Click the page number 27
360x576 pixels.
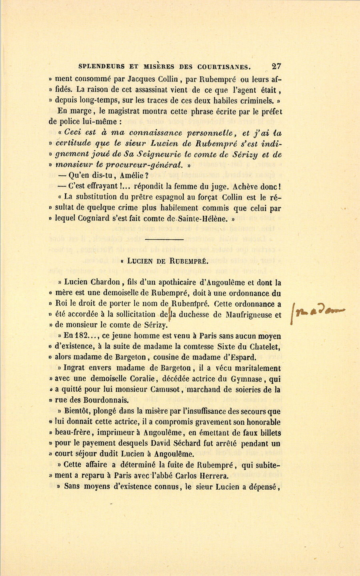(x=276, y=66)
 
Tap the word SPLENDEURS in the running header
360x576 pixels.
(x=102, y=66)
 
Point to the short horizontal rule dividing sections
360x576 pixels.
(x=164, y=240)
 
